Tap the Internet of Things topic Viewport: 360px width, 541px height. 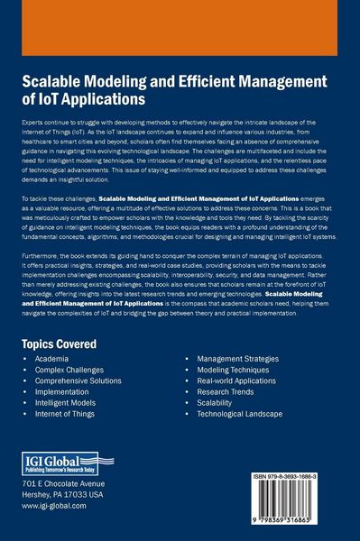pos(69,414)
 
